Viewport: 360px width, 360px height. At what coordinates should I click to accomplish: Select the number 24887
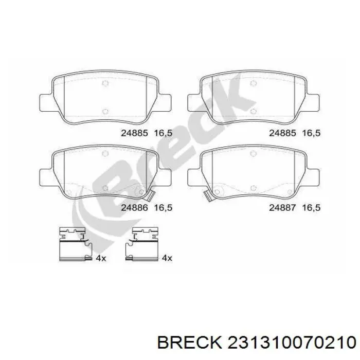281,208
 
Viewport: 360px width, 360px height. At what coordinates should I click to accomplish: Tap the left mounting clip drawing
74,242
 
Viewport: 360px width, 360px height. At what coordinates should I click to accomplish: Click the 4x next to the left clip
101,258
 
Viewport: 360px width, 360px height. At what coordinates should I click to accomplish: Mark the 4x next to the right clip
167,258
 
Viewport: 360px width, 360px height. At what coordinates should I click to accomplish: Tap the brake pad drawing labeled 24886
105,172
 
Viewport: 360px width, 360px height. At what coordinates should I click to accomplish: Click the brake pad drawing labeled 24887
253,172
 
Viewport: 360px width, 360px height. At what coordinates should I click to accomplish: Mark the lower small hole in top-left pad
105,112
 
